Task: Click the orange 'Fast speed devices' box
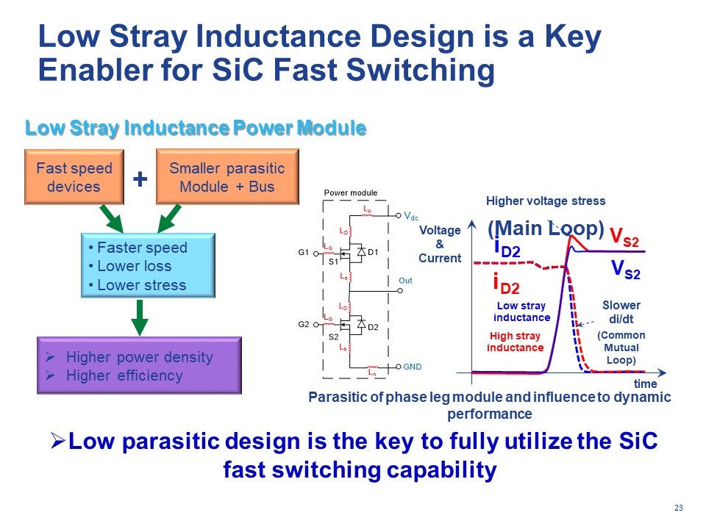(74, 177)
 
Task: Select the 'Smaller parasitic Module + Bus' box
(227, 177)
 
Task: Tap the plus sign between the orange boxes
(140, 178)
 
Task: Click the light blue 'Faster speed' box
(147, 266)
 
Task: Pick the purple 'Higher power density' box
(139, 366)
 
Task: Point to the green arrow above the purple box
(140, 317)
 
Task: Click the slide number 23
(678, 508)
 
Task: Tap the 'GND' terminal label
(413, 366)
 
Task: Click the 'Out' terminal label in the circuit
(405, 281)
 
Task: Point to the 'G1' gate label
(304, 253)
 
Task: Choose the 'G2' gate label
(304, 323)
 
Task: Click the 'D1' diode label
(373, 253)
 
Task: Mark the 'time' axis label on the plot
(645, 384)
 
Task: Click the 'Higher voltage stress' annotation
(546, 201)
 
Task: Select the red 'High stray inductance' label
(515, 342)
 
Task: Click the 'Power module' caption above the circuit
(351, 193)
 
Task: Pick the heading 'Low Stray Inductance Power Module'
(196, 129)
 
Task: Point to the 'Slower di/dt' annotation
(621, 312)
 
